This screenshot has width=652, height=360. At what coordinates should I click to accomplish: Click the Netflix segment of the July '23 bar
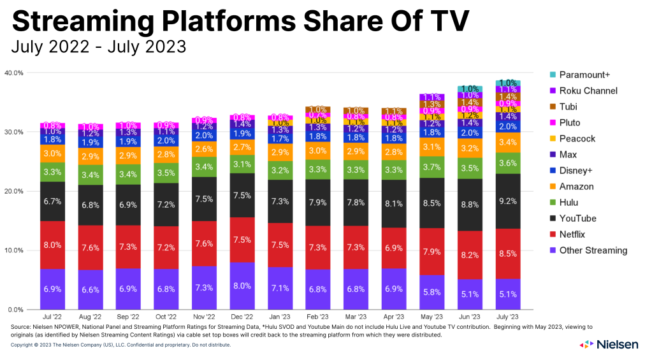tap(508, 253)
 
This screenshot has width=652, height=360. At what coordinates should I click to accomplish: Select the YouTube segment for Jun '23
tap(470, 205)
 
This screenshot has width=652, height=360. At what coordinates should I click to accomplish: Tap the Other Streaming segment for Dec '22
tap(242, 285)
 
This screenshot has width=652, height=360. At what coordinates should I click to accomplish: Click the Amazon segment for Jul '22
tap(52, 154)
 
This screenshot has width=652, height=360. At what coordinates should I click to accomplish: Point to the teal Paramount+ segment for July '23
tap(508, 83)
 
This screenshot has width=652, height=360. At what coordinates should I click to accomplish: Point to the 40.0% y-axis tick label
tap(14, 73)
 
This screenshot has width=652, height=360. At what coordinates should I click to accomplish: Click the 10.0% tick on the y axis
tap(14, 250)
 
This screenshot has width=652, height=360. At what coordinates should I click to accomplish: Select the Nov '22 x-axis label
tap(204, 317)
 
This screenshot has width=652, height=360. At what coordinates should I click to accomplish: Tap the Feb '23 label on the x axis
tap(318, 317)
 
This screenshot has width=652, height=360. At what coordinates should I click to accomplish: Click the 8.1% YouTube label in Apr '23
tap(394, 205)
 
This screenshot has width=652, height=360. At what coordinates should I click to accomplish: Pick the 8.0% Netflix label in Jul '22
tap(52, 244)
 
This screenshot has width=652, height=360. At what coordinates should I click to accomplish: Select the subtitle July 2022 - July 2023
tap(99, 47)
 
